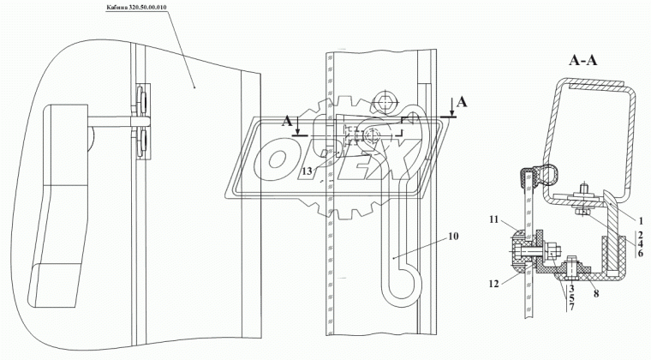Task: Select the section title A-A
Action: pyautogui.click(x=583, y=61)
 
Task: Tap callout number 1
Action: pyautogui.click(x=641, y=221)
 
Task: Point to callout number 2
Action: pyautogui.click(x=641, y=234)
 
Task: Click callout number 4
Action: pyautogui.click(x=641, y=243)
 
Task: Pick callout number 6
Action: pyautogui.click(x=641, y=253)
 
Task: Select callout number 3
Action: pyautogui.click(x=571, y=288)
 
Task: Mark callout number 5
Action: pyautogui.click(x=571, y=298)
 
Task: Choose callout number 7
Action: pyautogui.click(x=571, y=308)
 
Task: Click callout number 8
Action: pyautogui.click(x=596, y=294)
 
